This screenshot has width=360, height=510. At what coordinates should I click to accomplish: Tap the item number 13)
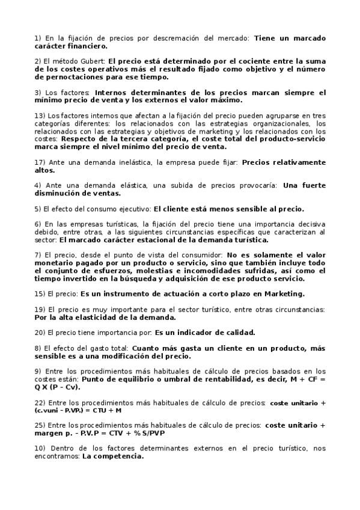click(x=40, y=115)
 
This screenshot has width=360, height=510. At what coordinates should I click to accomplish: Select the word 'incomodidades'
click(x=200, y=271)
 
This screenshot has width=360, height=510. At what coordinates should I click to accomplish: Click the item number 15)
click(x=40, y=294)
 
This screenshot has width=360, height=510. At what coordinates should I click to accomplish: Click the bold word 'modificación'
click(x=136, y=356)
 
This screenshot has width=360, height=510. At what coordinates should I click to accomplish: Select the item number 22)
click(x=40, y=402)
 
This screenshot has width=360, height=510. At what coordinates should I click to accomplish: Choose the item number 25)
click(x=40, y=426)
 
